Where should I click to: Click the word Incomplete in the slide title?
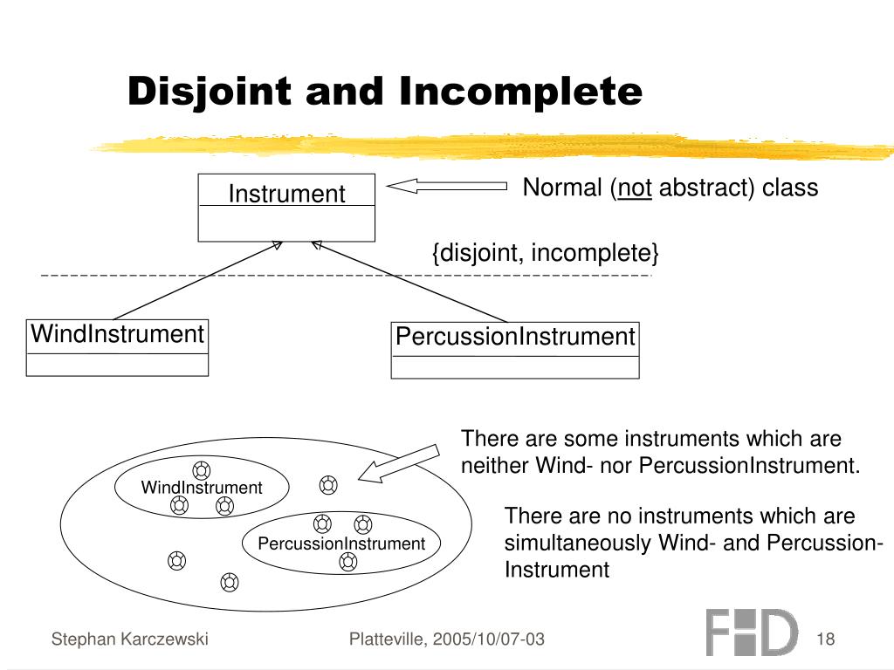[520, 92]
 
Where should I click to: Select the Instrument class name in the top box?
[286, 194]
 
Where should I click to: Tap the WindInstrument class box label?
[117, 334]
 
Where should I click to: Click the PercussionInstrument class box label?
[515, 337]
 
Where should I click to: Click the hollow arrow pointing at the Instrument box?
[446, 185]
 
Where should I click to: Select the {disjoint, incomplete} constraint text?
[546, 253]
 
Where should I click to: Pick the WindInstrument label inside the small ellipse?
[202, 488]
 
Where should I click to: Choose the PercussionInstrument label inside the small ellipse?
[341, 544]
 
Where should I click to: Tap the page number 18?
[826, 639]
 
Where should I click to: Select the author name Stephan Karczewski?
[129, 639]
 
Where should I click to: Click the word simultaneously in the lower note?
[578, 543]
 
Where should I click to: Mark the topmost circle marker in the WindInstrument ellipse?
[201, 469]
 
